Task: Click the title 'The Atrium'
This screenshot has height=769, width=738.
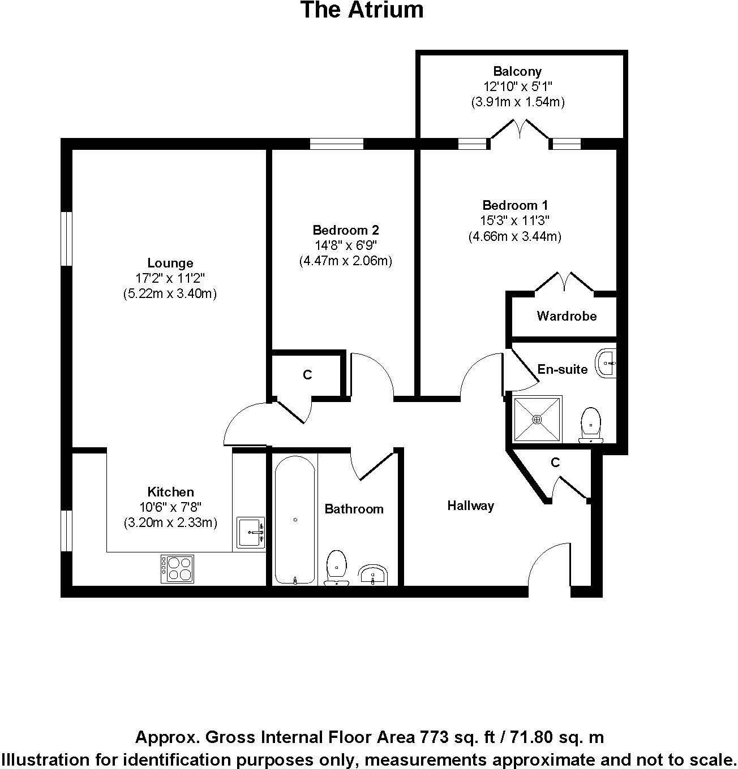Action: tap(362, 10)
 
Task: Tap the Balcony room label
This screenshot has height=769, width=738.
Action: tap(517, 71)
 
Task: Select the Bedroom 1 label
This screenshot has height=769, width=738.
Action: tap(514, 205)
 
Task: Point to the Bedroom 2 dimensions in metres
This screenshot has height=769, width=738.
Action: tap(345, 261)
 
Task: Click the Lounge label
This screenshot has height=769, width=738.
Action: tap(170, 263)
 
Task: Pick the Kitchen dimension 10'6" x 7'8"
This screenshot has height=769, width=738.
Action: tap(170, 507)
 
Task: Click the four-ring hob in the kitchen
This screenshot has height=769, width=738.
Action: tap(178, 569)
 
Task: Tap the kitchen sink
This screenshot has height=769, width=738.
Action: tap(250, 532)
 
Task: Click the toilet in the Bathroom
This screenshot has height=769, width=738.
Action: tap(337, 567)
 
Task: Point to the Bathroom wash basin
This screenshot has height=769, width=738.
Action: tap(373, 574)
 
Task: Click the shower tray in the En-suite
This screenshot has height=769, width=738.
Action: tap(537, 419)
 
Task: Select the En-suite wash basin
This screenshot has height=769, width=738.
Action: tap(606, 362)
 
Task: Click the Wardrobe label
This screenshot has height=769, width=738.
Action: tap(567, 316)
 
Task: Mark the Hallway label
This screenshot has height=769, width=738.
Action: tap(470, 506)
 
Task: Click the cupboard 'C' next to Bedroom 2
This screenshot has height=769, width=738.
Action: tap(307, 375)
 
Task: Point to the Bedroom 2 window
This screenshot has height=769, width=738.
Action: tap(337, 144)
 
